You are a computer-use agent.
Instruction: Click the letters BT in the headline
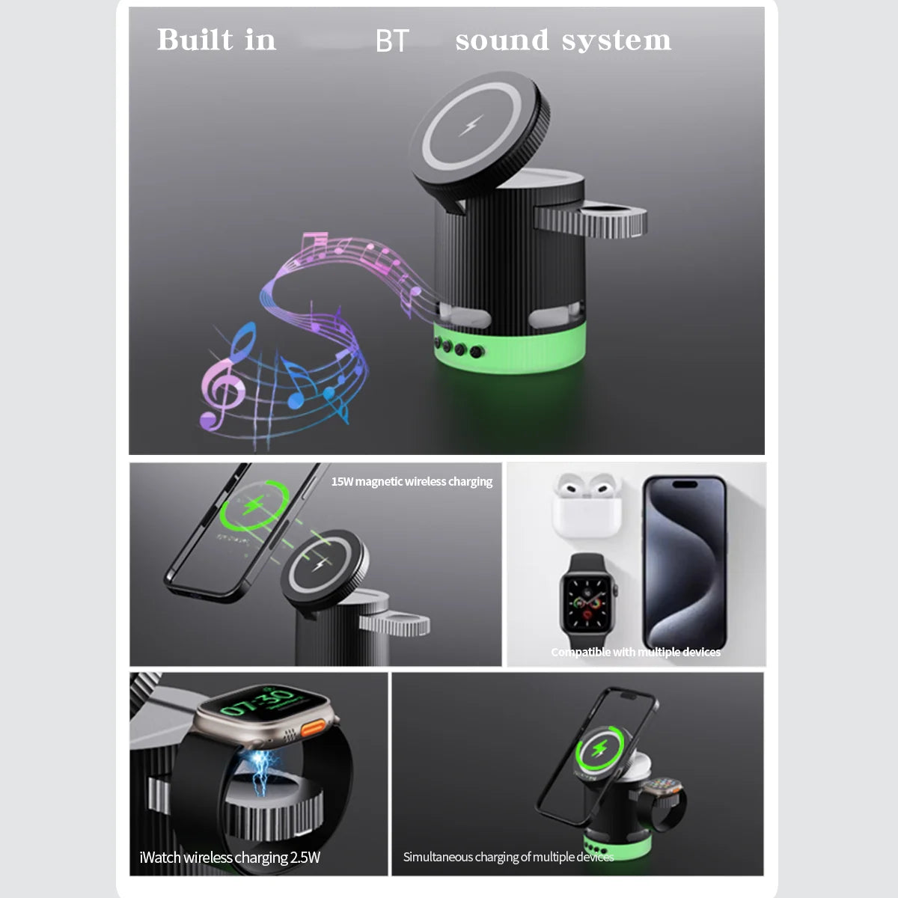pyautogui.click(x=392, y=40)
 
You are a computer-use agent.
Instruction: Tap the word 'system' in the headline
pyautogui.click(x=616, y=41)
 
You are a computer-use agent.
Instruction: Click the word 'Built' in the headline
pyautogui.click(x=195, y=39)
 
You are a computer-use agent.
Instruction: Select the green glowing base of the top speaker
pyautogui.click(x=510, y=349)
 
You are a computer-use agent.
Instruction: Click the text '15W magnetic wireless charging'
pyautogui.click(x=412, y=481)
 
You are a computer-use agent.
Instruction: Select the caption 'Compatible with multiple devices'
pyautogui.click(x=635, y=652)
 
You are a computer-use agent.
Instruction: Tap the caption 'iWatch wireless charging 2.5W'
pyautogui.click(x=230, y=858)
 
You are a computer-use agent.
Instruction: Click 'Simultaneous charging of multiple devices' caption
pyautogui.click(x=508, y=857)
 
